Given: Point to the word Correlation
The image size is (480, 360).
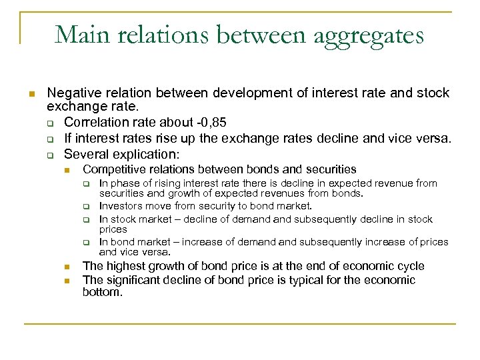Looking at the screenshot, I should (x=97, y=123).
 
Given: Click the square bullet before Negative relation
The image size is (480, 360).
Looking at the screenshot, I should (x=31, y=93).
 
